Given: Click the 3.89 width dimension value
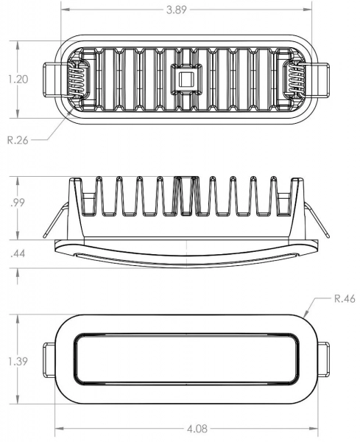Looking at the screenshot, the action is point(177,10).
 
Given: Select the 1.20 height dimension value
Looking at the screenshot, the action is point(18,80).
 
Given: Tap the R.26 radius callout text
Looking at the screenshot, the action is point(18,140).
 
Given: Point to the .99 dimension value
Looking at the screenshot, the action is point(18,203).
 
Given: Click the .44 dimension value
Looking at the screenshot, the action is point(18,253).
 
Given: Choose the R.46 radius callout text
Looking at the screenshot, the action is point(345,298).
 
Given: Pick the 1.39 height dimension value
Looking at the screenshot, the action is point(18,362).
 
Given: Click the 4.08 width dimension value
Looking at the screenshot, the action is point(197,429).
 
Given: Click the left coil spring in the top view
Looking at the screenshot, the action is point(77,80).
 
